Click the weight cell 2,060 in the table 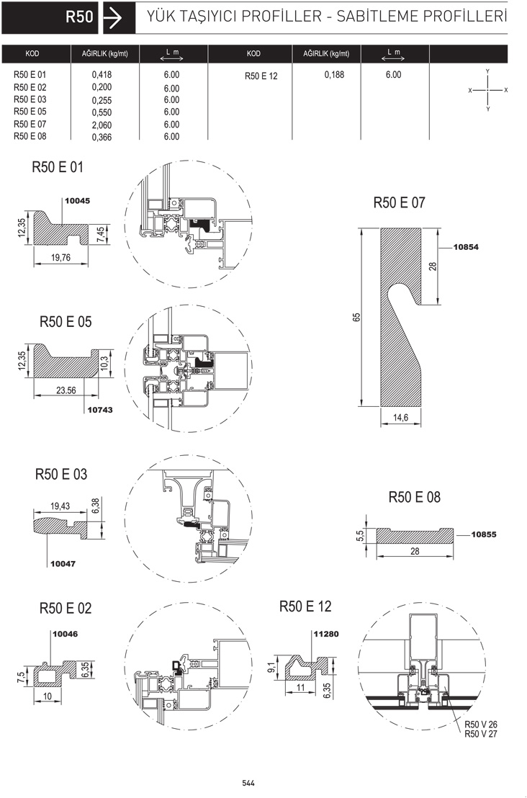click(102, 125)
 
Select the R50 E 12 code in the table click(261, 76)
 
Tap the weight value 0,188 click(334, 75)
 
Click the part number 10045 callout click(77, 201)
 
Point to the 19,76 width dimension click(60, 258)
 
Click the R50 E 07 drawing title click(399, 202)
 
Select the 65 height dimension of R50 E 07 click(356, 317)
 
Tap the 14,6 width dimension click(400, 418)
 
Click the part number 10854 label click(466, 247)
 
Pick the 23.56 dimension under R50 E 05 click(66, 390)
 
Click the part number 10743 click(100, 410)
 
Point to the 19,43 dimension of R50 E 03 click(60, 506)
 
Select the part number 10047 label click(63, 564)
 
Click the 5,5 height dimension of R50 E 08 click(361, 536)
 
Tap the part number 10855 click(484, 534)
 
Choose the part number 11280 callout click(326, 634)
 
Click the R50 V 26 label click(481, 725)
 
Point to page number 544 click(248, 784)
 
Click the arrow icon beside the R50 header click(113, 18)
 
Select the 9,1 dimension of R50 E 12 click(271, 667)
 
